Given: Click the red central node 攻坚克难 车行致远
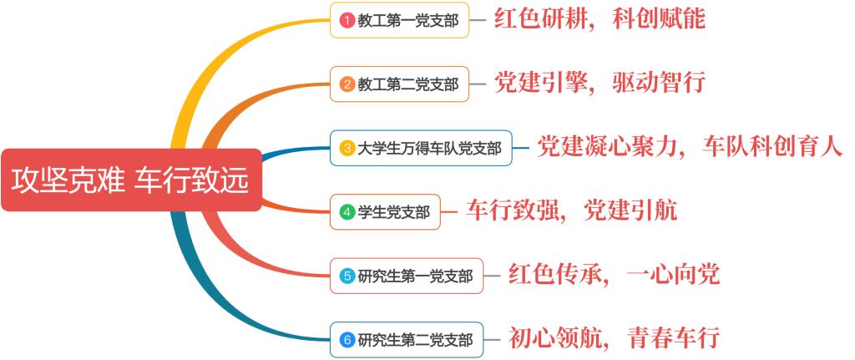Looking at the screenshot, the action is pos(131,180).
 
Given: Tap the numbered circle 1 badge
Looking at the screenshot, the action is pos(347,20).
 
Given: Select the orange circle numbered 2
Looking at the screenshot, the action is pos(347,84).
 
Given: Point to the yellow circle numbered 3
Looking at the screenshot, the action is pos(347,148).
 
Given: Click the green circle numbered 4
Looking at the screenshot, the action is pos(347,211).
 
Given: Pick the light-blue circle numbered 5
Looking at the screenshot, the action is pos(347,276).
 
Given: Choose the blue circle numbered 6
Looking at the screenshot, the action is pos(347,340).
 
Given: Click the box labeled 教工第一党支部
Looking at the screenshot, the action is pos(399,20).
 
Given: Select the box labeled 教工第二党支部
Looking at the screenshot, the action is pos(399,84).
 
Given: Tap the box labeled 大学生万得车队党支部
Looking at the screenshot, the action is pos(421,148).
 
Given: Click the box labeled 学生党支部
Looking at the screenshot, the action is pos(385,211).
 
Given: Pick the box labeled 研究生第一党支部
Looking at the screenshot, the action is pos(407,276).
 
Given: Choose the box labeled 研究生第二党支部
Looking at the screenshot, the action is pos(407,340).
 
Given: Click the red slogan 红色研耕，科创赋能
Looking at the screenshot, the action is pos(600,19).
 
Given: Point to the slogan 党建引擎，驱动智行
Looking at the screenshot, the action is pos(600,83).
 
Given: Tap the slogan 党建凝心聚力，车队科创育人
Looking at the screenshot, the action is pos(690,147).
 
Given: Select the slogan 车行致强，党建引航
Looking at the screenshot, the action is pos(571,210).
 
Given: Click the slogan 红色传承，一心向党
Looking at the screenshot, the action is pos(615,274).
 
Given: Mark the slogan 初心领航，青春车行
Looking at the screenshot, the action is pos(615,338).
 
